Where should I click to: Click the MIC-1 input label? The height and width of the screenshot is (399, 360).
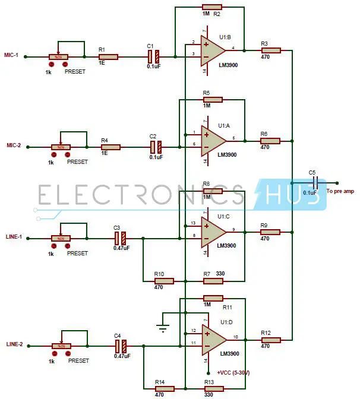tap(12, 56)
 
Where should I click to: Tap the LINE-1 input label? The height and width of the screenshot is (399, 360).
tap(14, 236)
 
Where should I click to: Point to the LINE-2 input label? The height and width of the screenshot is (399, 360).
tap(14, 344)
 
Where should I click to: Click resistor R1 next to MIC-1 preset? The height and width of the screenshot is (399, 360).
tap(109, 57)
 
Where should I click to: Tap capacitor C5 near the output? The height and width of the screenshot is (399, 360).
tap(314, 182)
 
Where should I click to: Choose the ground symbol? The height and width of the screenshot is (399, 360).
tap(162, 324)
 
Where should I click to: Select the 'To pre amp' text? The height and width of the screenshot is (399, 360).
tap(340, 191)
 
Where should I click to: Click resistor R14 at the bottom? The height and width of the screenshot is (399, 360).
tap(164, 389)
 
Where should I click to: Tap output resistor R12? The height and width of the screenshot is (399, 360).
tap(270, 340)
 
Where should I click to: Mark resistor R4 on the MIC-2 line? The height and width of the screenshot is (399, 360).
tap(110, 147)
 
